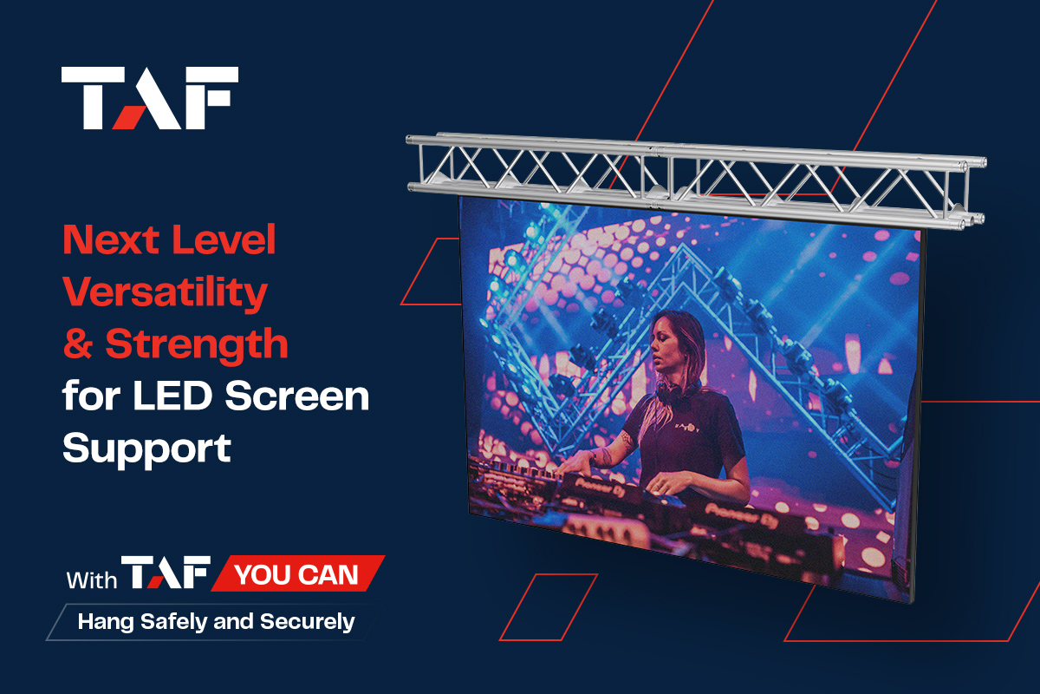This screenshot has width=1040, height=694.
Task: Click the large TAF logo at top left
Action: point(149,98)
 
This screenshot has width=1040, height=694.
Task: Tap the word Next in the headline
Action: point(112,239)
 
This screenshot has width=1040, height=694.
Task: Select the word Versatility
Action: point(165,293)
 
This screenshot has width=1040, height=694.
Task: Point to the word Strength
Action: point(197,345)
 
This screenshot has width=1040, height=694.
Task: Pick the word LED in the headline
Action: point(172,396)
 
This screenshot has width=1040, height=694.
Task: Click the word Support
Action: point(146,448)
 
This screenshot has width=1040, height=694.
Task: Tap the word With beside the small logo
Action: point(92,580)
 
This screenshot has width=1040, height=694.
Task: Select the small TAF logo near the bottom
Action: point(166,573)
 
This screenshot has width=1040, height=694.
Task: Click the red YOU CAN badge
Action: point(297,573)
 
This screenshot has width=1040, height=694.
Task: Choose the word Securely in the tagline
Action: point(308,622)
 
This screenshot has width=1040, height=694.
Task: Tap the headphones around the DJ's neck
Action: point(674,392)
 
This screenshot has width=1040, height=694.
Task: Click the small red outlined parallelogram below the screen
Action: point(549,607)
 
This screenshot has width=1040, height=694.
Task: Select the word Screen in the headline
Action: point(297,396)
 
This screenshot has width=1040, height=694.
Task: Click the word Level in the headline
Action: point(224,239)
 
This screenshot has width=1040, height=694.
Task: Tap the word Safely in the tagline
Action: point(173,622)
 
